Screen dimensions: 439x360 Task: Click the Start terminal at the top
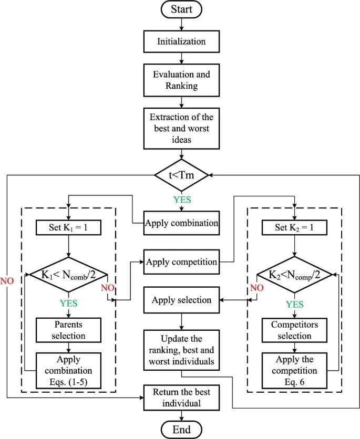[181, 9]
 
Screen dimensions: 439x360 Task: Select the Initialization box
[181, 41]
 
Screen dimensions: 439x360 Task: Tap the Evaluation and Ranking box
[181, 80]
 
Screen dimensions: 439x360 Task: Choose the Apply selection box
[181, 300]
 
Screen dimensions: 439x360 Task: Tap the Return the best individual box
[181, 398]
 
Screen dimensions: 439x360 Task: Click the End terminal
[181, 430]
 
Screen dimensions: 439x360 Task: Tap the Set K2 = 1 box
[295, 228]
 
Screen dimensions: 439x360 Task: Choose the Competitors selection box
[295, 329]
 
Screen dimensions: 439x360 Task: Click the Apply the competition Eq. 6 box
[295, 370]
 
